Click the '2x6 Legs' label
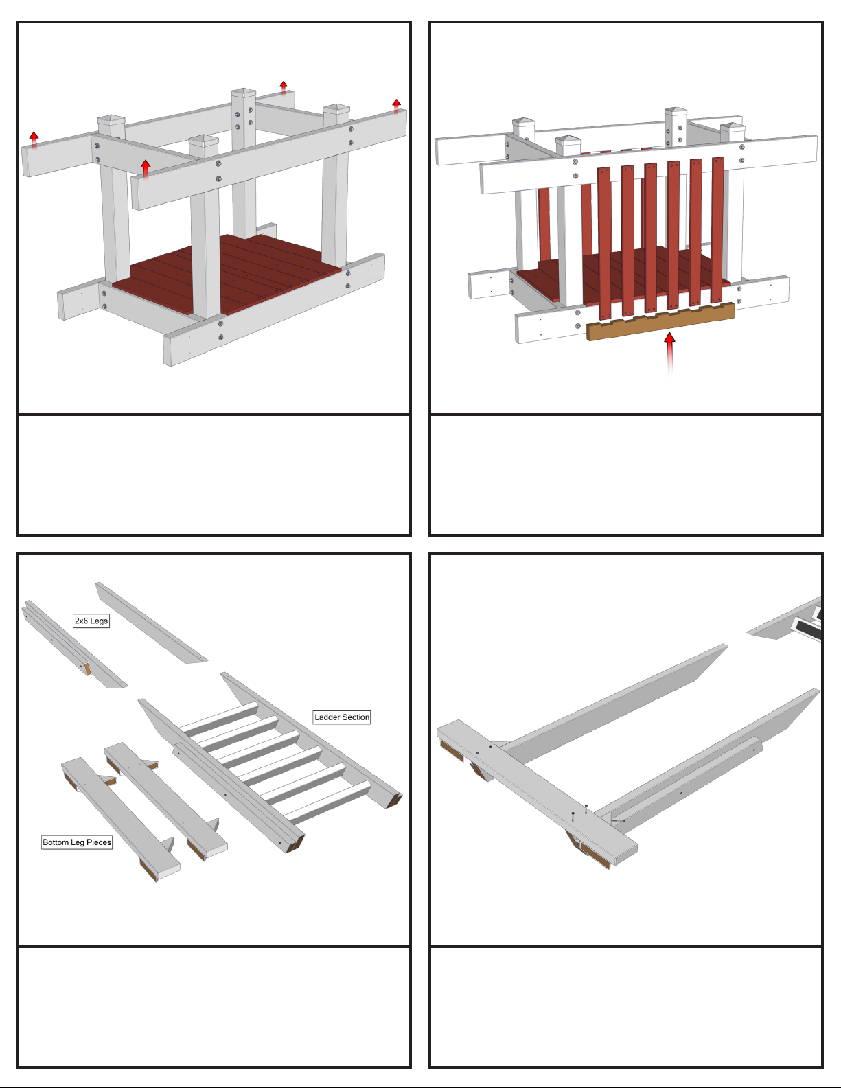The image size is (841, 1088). [91, 621]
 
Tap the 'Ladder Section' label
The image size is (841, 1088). [342, 717]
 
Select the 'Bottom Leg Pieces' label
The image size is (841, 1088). [77, 842]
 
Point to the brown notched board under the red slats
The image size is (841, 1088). [660, 321]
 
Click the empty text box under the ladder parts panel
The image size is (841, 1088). [214, 1006]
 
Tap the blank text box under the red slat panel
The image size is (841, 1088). [626, 474]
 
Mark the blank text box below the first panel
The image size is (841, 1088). [214, 474]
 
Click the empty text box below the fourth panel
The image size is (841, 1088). [626, 1006]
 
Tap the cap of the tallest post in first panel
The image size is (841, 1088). [244, 93]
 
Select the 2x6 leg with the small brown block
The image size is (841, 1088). [75, 645]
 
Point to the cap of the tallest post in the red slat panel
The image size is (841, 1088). [676, 112]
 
